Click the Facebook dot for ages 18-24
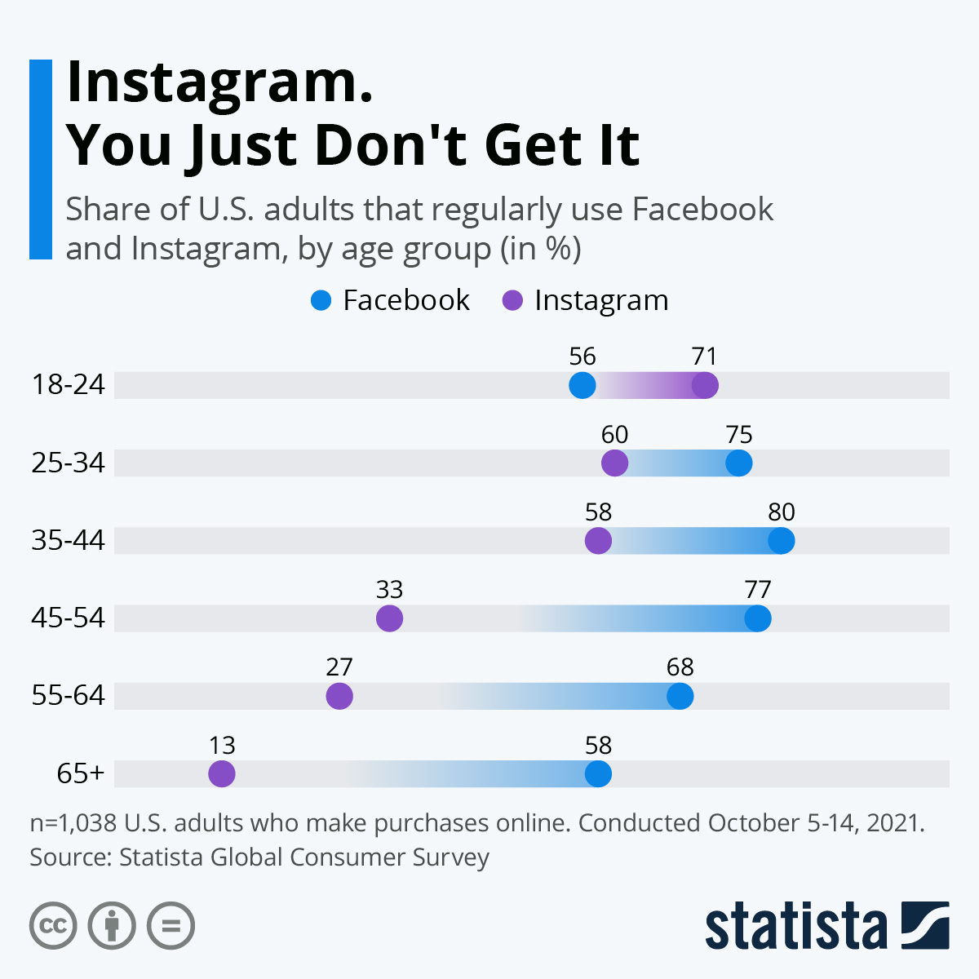click(582, 385)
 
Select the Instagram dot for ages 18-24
click(705, 385)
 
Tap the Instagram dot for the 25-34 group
click(614, 463)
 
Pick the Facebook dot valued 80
click(781, 541)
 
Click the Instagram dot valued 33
click(389, 618)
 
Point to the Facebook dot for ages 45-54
click(758, 618)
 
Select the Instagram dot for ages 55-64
click(339, 697)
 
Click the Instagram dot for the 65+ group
click(222, 774)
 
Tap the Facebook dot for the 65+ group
click(598, 774)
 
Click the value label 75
click(739, 435)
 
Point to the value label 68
click(680, 667)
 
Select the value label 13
click(222, 746)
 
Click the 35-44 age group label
click(69, 540)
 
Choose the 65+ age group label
click(81, 773)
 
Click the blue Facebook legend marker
click(321, 301)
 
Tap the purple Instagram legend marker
click(512, 301)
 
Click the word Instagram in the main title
click(219, 82)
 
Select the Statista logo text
click(795, 927)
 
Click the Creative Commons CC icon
click(53, 926)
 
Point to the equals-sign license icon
click(171, 926)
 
